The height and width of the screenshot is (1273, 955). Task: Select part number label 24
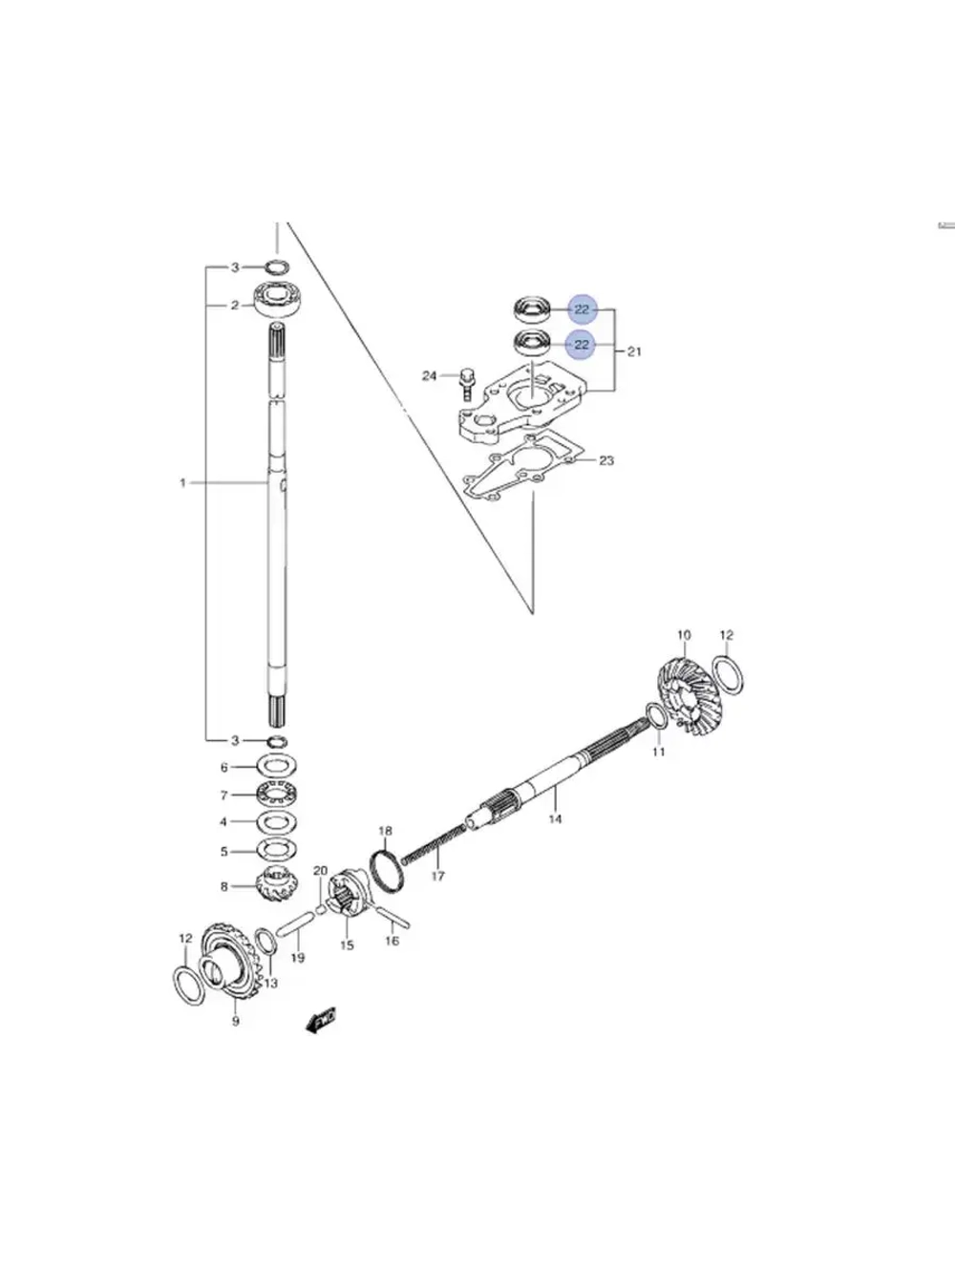pos(430,376)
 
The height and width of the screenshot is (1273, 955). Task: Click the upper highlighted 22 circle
pos(582,309)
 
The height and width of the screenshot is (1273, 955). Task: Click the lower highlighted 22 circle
pos(582,345)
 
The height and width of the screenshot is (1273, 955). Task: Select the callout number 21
pos(634,351)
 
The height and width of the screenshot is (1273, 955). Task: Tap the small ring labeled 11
pos(656,715)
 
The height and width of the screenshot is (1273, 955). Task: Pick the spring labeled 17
pos(435,845)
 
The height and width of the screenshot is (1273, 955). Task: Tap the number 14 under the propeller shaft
pos(555,818)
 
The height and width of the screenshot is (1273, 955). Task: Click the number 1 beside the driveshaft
pos(182,483)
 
